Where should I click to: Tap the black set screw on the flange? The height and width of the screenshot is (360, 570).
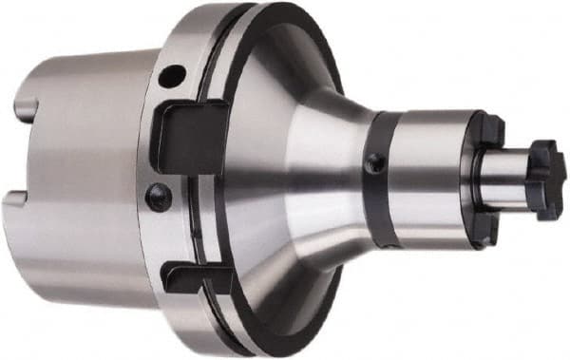(x=158, y=197)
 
